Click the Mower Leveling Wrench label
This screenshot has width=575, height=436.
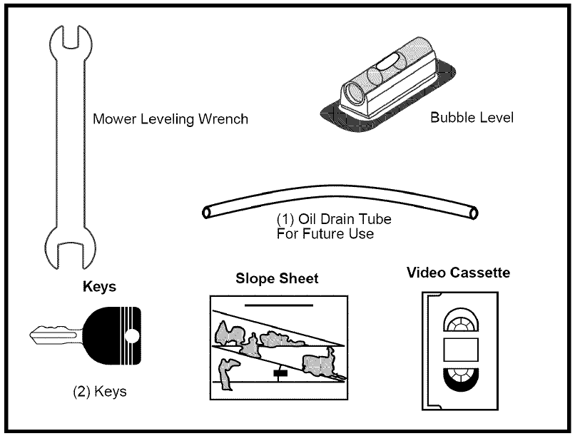(171, 119)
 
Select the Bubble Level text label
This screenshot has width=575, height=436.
(472, 117)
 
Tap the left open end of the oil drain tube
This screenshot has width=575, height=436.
(206, 213)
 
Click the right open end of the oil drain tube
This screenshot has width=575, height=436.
(474, 213)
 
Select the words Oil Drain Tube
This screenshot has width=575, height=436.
(345, 219)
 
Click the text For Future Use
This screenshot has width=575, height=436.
(325, 233)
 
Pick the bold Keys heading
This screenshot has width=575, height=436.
(99, 286)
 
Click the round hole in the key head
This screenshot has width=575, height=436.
(132, 336)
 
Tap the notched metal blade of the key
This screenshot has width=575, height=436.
(56, 335)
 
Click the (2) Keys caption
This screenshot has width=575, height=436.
(100, 392)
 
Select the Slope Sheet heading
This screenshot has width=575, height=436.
(277, 278)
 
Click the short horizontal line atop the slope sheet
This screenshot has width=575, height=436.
(279, 305)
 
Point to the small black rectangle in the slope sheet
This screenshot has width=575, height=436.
(280, 373)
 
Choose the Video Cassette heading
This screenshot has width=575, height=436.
(459, 273)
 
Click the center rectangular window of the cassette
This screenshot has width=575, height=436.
(461, 350)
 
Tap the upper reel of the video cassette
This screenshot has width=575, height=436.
(461, 320)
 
